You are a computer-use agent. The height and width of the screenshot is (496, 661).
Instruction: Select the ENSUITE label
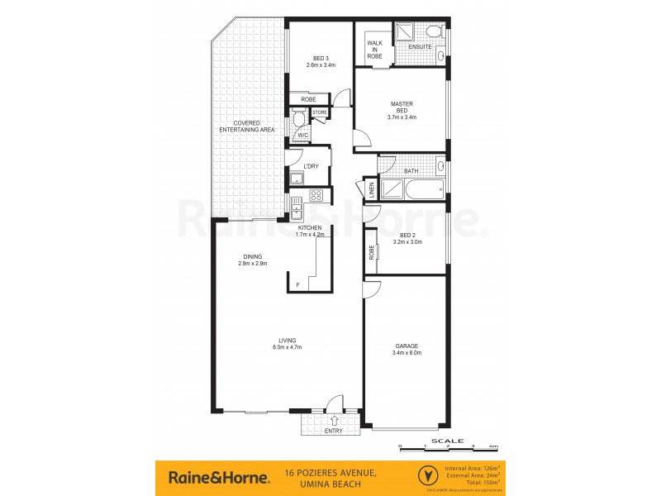click(x=420, y=47)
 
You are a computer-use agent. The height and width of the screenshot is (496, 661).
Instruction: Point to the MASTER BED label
click(x=402, y=111)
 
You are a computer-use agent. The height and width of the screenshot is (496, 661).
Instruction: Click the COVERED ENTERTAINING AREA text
click(x=246, y=126)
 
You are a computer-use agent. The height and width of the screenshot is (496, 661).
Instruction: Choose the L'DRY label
click(x=311, y=167)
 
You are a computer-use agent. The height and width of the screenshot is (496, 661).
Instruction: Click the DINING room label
click(x=252, y=259)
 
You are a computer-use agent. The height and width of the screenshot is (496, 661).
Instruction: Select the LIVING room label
click(x=287, y=343)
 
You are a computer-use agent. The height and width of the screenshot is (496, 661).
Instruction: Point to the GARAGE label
click(x=407, y=349)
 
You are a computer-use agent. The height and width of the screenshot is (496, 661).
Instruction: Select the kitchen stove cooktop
click(x=315, y=196)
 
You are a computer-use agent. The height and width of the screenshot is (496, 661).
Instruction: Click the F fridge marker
click(x=298, y=285)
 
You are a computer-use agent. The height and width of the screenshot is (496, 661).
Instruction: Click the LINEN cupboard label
click(x=372, y=190)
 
